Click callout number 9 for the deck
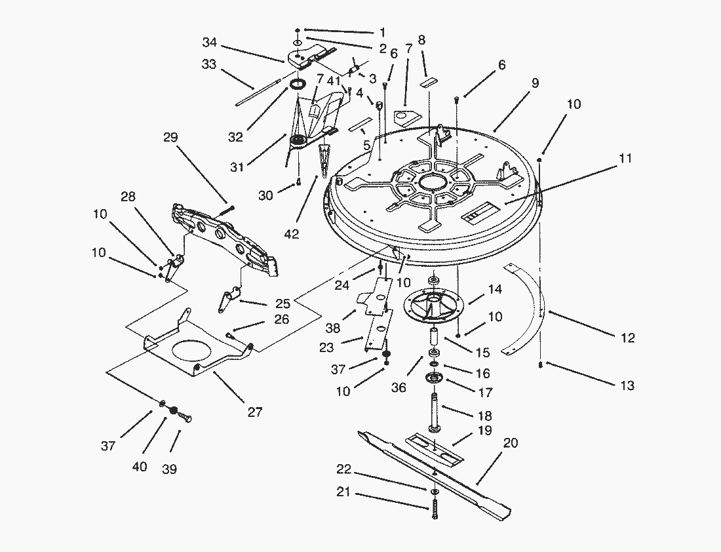pos(535,83)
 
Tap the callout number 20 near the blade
pos(511,443)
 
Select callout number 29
pos(170,138)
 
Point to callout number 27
pos(255,412)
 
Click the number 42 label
pos(292,234)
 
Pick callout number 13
pos(627,385)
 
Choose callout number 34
pos(209,43)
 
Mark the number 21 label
pos(343,492)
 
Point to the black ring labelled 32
pos(298,85)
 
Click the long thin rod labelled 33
pos(258,92)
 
